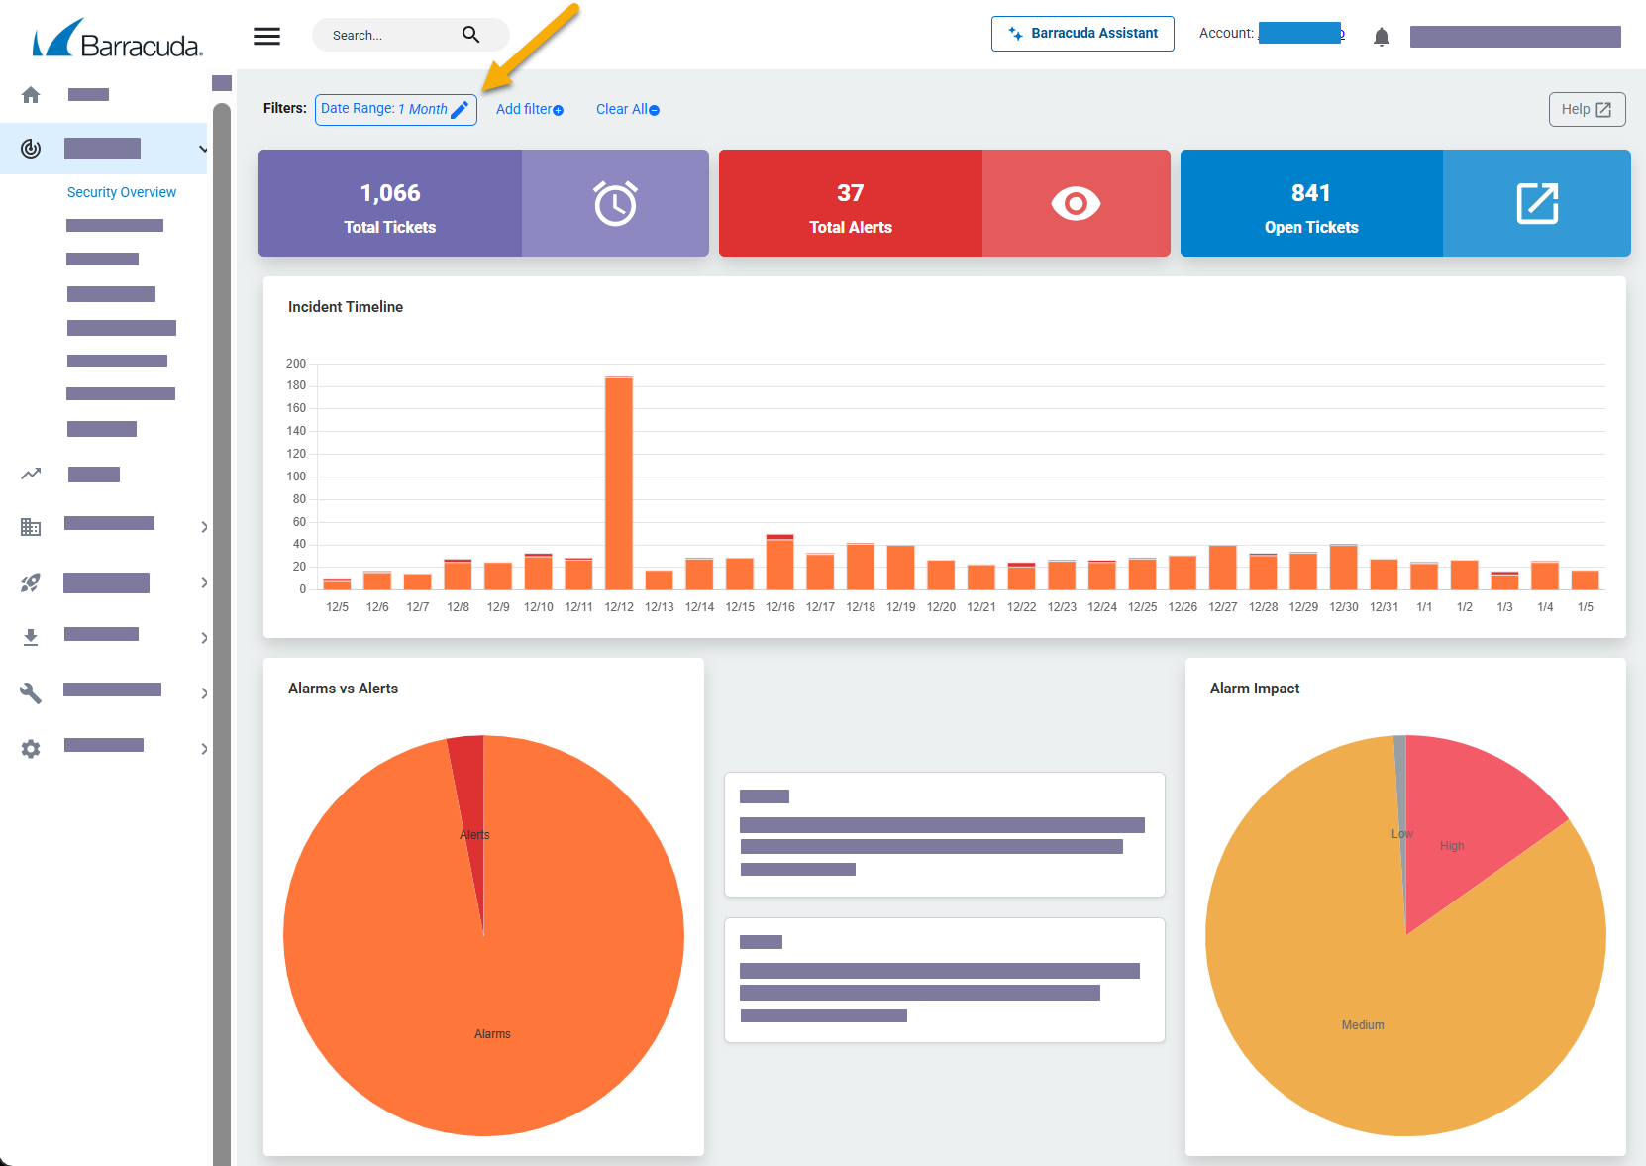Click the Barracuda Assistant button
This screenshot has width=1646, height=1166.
1082,34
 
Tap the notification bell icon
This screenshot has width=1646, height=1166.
1382,38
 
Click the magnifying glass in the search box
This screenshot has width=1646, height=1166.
470,35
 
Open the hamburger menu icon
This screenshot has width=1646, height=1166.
266,37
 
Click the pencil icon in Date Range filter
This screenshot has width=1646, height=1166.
460,110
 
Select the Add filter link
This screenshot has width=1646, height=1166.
529,110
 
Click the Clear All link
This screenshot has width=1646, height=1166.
627,110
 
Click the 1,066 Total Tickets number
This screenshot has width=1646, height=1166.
390,193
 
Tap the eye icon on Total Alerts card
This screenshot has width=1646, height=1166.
1076,204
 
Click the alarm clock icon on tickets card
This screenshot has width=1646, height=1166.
615,204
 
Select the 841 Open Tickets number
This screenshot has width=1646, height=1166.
1310,193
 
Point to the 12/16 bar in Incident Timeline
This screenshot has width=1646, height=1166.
780,563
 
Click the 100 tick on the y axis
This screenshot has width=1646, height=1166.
297,477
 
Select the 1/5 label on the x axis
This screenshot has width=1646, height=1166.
1585,607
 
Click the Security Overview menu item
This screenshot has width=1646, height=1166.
122,192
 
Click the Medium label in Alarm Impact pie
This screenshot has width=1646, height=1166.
1363,1025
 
